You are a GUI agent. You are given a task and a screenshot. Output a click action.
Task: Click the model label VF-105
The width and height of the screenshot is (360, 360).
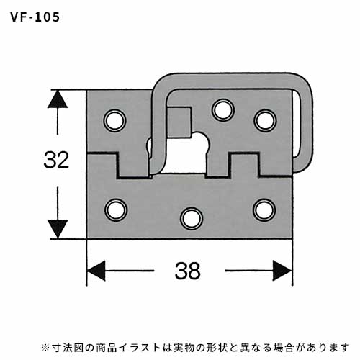[35, 17]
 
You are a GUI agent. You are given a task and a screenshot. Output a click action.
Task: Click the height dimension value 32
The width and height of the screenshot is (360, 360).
[56, 160]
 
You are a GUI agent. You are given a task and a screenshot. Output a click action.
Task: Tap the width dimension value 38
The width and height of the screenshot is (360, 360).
[187, 271]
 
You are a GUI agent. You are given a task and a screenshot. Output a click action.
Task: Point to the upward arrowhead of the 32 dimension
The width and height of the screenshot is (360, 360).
[58, 99]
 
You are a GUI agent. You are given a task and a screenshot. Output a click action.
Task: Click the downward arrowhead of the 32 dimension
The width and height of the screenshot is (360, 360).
[58, 230]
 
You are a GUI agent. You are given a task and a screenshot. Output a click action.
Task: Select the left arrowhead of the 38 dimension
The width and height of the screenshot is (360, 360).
[96, 271]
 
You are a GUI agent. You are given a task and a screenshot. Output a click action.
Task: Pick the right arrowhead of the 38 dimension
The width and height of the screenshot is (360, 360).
[282, 271]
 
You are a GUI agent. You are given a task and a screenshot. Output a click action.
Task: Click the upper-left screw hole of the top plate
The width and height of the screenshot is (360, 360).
[115, 120]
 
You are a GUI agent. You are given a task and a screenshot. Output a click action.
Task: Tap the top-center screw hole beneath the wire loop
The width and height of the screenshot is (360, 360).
[223, 110]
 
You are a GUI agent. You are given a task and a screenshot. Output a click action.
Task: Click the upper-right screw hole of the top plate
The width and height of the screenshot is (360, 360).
[265, 120]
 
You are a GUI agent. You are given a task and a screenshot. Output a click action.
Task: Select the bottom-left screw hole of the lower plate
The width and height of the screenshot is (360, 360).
[116, 210]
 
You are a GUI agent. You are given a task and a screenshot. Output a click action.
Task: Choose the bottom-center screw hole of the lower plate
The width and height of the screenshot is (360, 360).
[192, 219]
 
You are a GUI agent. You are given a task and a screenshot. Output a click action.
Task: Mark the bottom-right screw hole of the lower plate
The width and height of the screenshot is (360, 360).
[264, 210]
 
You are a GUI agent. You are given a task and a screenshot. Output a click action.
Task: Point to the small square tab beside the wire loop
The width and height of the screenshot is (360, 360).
[179, 122]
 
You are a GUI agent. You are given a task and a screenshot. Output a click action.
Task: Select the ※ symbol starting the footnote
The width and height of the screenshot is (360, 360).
[45, 347]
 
